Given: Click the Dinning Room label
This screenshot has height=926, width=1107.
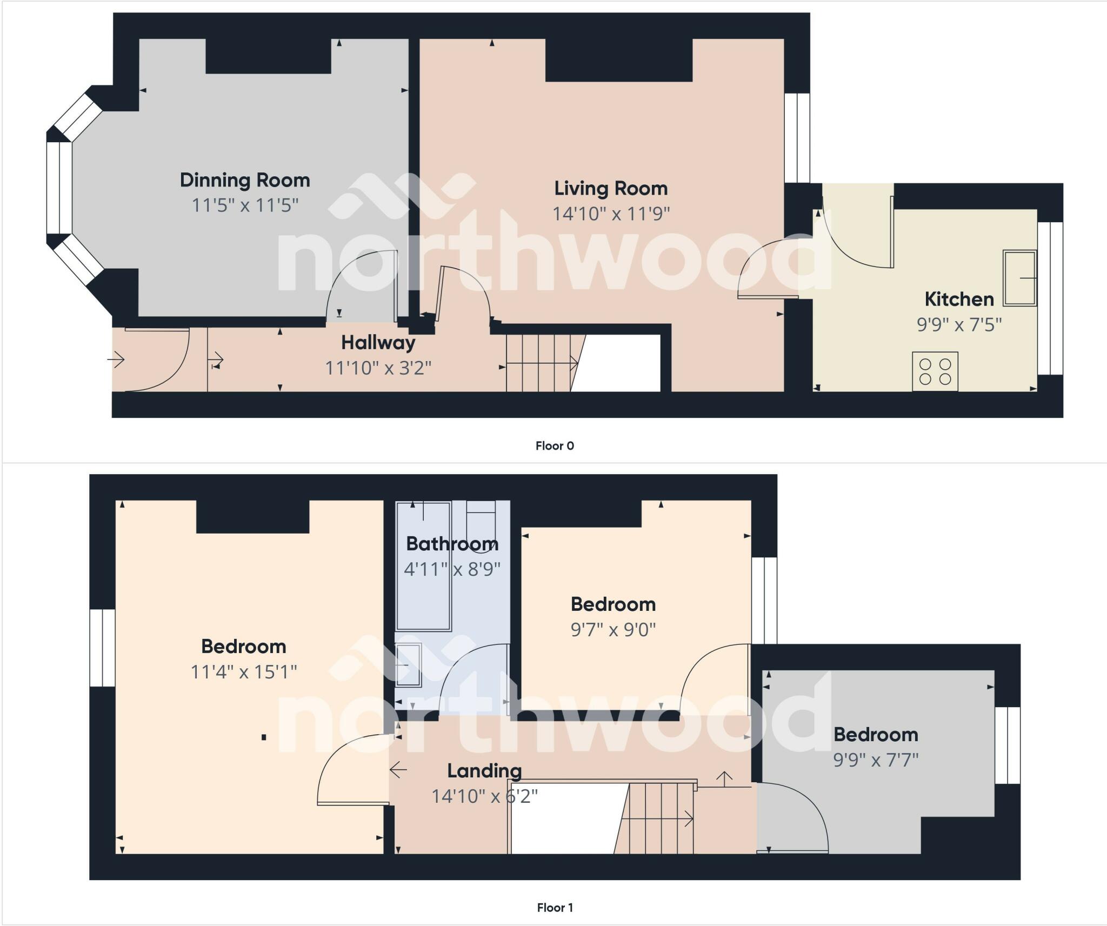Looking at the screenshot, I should (x=245, y=180).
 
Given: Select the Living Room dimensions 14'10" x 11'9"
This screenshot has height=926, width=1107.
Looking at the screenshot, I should (x=611, y=214).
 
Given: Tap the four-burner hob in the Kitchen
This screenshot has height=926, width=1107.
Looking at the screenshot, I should (x=935, y=371).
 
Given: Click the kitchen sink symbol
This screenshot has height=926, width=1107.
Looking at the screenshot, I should (x=1019, y=278).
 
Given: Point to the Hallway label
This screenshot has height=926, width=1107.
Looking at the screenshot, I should (x=378, y=343).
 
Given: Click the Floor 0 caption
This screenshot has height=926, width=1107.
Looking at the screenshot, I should (x=555, y=446).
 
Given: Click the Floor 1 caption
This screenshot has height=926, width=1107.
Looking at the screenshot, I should (x=555, y=908).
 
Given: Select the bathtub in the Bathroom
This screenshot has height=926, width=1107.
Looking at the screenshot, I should (x=423, y=567).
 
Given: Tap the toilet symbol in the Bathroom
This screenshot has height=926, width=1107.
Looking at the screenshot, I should (x=481, y=525).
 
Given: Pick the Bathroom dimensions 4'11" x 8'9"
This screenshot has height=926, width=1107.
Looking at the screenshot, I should (x=452, y=569).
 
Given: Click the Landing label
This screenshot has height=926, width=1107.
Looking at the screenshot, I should (x=484, y=771).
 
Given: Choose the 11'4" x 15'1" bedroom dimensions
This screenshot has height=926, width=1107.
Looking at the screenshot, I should (x=244, y=672).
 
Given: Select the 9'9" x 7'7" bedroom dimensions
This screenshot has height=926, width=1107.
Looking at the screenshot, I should (x=876, y=760).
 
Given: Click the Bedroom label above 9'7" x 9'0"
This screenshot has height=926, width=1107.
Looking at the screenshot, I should (x=613, y=604).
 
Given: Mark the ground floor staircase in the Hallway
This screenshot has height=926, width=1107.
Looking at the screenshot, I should (x=541, y=363).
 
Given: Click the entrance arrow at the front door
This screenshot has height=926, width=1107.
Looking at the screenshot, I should (x=116, y=359).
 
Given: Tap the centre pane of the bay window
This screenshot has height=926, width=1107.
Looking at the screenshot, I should (x=59, y=188).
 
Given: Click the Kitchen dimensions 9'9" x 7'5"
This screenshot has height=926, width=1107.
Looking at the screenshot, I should (x=959, y=324).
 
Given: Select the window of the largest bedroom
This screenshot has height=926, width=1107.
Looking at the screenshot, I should (x=102, y=648).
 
